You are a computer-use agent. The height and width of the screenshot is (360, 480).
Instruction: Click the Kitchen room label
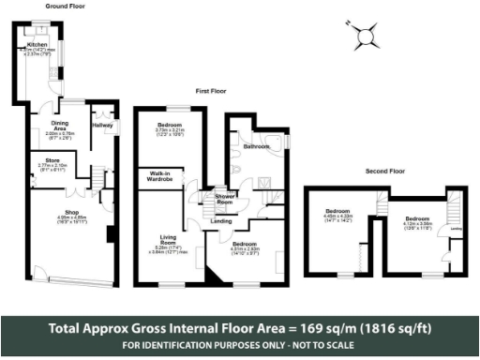pyautogui.click(x=37, y=44)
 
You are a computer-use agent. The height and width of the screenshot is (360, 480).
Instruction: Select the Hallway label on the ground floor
pyautogui.click(x=102, y=124)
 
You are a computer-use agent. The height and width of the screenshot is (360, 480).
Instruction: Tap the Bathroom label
pyautogui.click(x=256, y=147)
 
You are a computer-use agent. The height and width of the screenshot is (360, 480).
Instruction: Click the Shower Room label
pyautogui.click(x=225, y=198)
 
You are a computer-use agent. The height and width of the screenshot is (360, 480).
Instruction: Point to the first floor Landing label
pyautogui.click(x=223, y=221)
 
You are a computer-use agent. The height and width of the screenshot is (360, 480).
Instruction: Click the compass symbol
pyautogui.click(x=364, y=37)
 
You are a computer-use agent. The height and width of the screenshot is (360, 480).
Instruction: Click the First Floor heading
pyautogui.click(x=213, y=93)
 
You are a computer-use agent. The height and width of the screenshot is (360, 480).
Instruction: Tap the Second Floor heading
pyautogui.click(x=384, y=172)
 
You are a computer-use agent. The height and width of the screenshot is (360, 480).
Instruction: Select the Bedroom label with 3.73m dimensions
pyautogui.click(x=170, y=124)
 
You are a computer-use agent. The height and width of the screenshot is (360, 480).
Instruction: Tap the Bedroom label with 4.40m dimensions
pyautogui.click(x=338, y=210)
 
